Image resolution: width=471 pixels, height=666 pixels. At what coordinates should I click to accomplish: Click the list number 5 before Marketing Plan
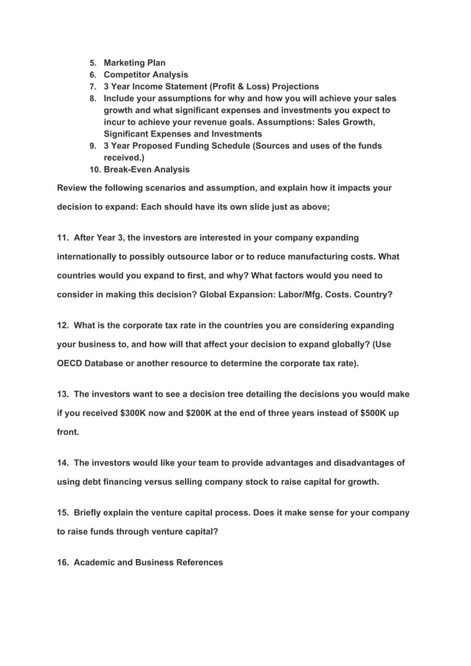(x=94, y=63)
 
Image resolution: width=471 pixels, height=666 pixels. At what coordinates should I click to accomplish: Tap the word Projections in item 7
(x=290, y=86)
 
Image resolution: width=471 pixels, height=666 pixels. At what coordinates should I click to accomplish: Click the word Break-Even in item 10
(x=128, y=170)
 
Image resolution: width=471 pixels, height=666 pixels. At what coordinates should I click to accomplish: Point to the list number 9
(x=94, y=146)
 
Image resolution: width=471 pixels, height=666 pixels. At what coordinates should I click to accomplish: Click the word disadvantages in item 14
(x=356, y=462)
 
